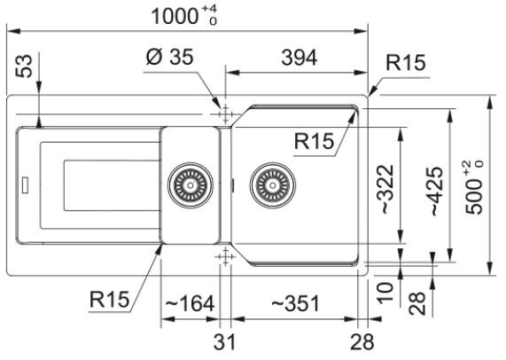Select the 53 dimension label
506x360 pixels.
[24, 67]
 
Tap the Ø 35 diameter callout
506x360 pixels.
[170, 57]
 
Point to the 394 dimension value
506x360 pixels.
[300, 59]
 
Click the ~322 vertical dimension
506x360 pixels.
[387, 189]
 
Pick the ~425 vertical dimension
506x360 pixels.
[437, 192]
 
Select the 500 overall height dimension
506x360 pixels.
[474, 188]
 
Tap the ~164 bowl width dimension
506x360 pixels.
[190, 303]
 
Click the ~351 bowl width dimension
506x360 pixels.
[295, 303]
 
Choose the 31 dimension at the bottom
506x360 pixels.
[224, 341]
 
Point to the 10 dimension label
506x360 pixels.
[386, 293]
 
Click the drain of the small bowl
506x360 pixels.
[191, 185]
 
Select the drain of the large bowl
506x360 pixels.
[273, 185]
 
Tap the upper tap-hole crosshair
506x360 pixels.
[225, 114]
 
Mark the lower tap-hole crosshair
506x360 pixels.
[225, 256]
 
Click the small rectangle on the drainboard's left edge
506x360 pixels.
[25, 185]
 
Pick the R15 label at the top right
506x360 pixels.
[406, 62]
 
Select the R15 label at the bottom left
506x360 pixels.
[109, 300]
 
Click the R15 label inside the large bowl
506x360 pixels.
[314, 141]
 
